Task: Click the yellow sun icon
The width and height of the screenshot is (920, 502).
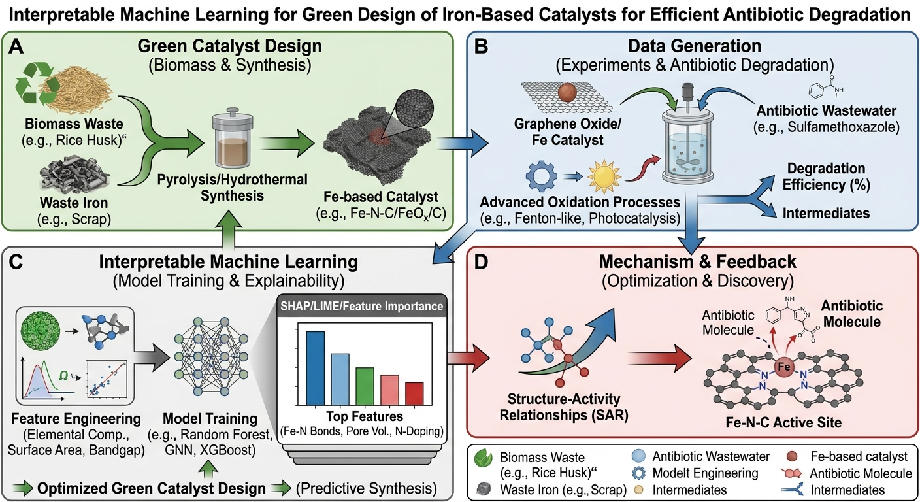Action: click(x=603, y=176)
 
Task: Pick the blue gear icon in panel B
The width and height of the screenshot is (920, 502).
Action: click(x=542, y=176)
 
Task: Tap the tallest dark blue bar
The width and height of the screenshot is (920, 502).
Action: click(x=316, y=367)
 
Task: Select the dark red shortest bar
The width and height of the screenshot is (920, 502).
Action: click(x=414, y=393)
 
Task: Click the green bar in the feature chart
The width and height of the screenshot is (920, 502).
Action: click(x=365, y=386)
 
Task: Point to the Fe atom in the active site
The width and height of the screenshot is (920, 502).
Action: click(x=783, y=367)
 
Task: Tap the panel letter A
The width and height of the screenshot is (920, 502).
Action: click(x=16, y=46)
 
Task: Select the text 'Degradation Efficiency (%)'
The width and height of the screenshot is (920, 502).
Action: click(x=826, y=176)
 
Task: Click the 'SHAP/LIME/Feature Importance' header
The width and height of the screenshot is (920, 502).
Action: click(x=362, y=306)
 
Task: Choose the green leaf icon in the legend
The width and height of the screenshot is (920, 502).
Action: click(x=483, y=457)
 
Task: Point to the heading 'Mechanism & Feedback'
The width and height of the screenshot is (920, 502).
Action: click(x=698, y=261)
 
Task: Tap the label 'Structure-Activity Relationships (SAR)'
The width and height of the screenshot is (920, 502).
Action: click(x=564, y=407)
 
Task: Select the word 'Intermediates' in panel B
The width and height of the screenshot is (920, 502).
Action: click(x=826, y=213)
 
